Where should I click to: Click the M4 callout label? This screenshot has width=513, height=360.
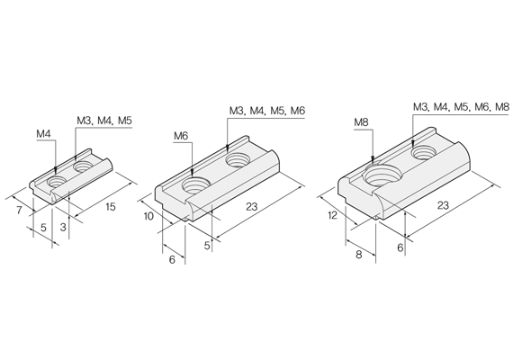tap(43, 134)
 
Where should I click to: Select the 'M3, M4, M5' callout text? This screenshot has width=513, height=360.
tap(104, 121)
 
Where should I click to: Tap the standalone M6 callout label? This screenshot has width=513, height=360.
tap(181, 136)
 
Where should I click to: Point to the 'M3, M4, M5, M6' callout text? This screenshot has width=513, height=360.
tap(267, 111)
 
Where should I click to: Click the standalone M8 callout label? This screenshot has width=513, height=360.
tap(361, 122)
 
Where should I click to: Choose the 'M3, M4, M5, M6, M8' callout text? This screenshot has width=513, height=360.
tap(462, 107)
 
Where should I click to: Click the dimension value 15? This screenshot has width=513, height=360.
tap(111, 207)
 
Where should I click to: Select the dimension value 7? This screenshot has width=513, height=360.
tap(19, 210)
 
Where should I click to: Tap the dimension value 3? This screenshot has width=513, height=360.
tap(63, 227)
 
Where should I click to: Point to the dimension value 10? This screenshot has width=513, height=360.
tap(148, 216)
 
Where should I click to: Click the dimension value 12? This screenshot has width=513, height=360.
tap(332, 216)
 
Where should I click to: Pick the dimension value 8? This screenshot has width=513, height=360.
tap(359, 255)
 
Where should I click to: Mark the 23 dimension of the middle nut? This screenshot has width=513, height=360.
tap(252, 206)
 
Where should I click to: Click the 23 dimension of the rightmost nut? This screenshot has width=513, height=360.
tap(443, 205)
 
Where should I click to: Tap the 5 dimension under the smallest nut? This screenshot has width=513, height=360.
tap(43, 228)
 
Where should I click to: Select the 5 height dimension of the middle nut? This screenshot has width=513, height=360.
tap(207, 246)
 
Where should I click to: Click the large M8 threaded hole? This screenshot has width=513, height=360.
tap(383, 175)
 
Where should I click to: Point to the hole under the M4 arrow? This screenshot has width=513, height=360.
tap(57, 182)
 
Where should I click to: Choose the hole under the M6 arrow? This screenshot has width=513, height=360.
tap(196, 185)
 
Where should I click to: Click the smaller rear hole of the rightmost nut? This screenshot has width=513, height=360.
tap(424, 153)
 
